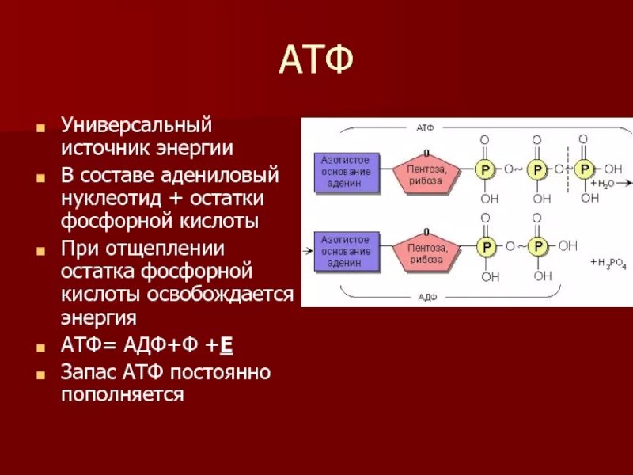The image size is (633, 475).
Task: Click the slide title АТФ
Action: [315, 61]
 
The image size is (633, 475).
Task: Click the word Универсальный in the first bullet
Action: [138, 126]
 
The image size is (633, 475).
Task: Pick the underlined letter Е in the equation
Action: [226, 346]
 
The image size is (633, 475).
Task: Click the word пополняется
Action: [122, 393]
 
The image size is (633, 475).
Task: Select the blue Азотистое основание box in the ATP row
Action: [346, 172]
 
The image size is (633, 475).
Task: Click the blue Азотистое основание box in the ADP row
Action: [346, 251]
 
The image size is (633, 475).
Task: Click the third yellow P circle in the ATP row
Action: [585, 169]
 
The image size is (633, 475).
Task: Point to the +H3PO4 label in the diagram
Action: [608, 262]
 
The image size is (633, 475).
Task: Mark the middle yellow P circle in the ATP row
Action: [537, 169]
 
